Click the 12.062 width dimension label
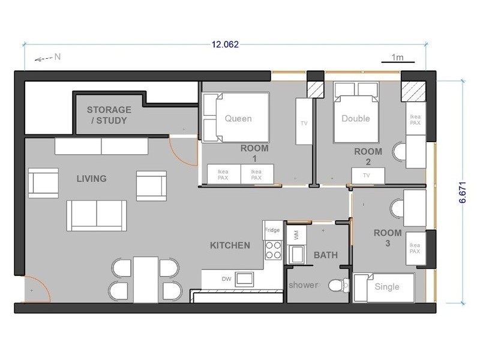click(x=225, y=44)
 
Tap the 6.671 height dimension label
click(x=463, y=192)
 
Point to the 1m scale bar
click(x=398, y=62)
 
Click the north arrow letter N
click(x=58, y=56)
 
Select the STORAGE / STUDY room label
click(x=109, y=115)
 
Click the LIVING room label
click(x=92, y=178)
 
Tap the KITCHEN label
click(x=230, y=245)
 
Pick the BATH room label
click(x=326, y=255)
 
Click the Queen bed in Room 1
click(x=236, y=118)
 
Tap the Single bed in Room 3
click(x=384, y=287)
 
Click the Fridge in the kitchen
click(x=272, y=230)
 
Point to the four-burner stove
click(x=274, y=250)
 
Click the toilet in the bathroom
click(x=339, y=286)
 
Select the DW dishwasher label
click(x=227, y=279)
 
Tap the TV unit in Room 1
click(x=304, y=122)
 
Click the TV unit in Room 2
click(x=368, y=176)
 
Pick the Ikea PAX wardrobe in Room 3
click(x=416, y=248)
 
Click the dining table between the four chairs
click(x=146, y=280)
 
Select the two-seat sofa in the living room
click(x=97, y=215)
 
